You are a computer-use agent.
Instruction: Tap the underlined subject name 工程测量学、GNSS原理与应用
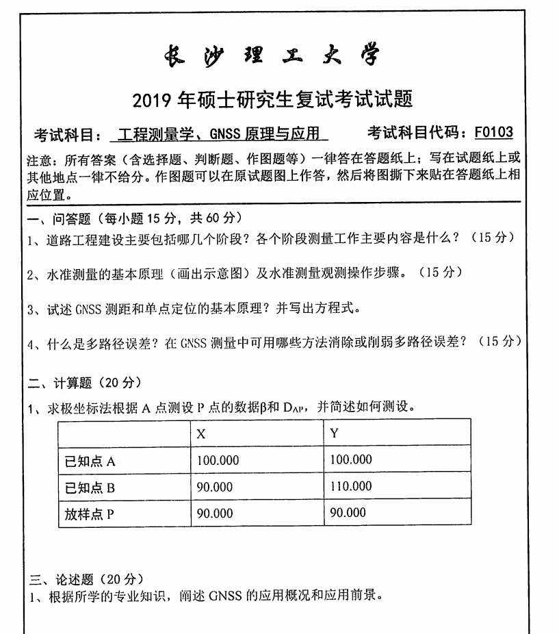(218, 134)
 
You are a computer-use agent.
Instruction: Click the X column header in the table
(201, 433)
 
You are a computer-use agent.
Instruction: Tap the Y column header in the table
(335, 433)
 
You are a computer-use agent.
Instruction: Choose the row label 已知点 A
(90, 461)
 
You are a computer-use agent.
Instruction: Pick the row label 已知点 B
(90, 487)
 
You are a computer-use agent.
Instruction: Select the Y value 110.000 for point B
(351, 486)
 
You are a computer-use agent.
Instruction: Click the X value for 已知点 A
(218, 460)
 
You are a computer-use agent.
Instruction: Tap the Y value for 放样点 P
(348, 513)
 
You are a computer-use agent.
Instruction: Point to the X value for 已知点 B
(215, 487)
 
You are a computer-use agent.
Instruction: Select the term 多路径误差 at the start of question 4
(99, 342)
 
